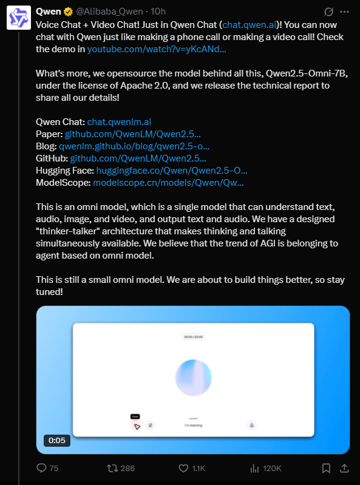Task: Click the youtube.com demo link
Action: tap(157, 49)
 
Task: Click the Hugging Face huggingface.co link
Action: tap(171, 170)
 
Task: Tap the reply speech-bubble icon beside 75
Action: tap(42, 468)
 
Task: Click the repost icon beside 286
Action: tap(112, 468)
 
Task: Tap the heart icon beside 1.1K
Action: tap(184, 468)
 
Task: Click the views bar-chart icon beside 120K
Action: tap(255, 468)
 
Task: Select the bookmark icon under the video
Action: tap(326, 468)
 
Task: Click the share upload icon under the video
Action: tap(344, 468)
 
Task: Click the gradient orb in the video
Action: tap(193, 377)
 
